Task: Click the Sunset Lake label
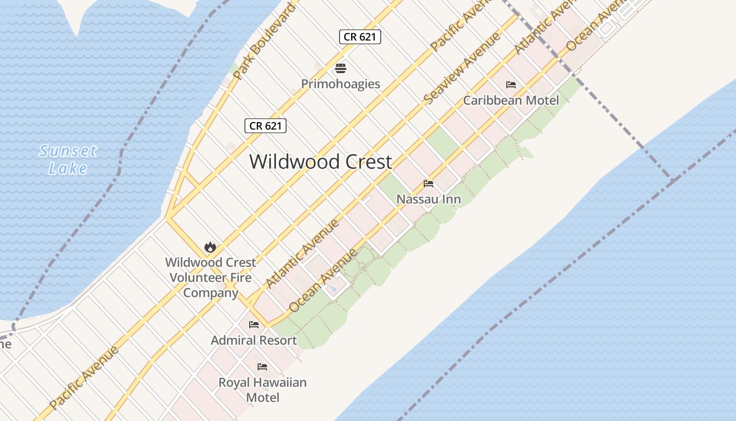(x=68, y=159)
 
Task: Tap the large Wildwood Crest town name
(x=321, y=162)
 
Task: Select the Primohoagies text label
(x=341, y=84)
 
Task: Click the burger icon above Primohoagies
(x=341, y=68)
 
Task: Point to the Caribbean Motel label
(x=511, y=100)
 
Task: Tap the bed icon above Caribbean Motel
(x=511, y=84)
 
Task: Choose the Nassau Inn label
(x=428, y=199)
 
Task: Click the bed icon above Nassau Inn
(x=428, y=184)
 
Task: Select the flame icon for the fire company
(x=210, y=247)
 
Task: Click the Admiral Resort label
(x=254, y=340)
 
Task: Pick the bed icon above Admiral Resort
(x=254, y=324)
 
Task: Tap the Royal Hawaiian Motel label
(x=262, y=389)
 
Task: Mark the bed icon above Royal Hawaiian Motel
(x=262, y=366)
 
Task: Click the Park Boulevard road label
(x=264, y=43)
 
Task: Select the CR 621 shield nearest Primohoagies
(x=360, y=36)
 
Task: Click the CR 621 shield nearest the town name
(x=265, y=126)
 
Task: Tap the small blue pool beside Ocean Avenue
(x=333, y=288)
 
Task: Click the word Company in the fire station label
(x=211, y=293)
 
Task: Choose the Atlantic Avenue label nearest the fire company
(x=303, y=254)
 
